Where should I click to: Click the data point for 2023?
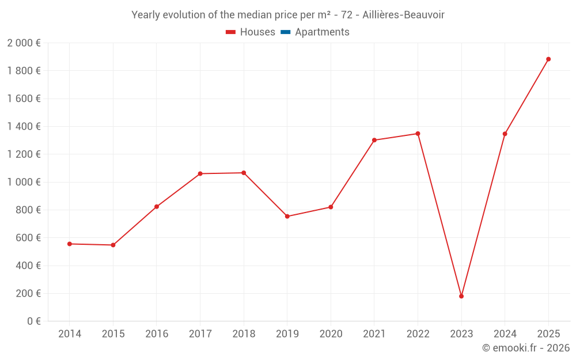(x=461, y=296)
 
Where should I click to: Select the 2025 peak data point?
(x=548, y=59)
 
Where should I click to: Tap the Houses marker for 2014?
(x=70, y=244)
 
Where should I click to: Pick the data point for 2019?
(x=287, y=217)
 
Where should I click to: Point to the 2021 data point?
(x=374, y=140)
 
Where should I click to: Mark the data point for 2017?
(x=200, y=173)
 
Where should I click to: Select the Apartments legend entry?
(x=322, y=32)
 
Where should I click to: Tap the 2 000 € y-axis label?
(x=24, y=43)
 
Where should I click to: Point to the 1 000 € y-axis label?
(x=24, y=182)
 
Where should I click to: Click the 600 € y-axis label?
(x=27, y=238)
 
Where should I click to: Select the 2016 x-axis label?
(x=157, y=334)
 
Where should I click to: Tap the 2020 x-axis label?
(x=331, y=334)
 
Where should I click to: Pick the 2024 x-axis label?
(x=505, y=334)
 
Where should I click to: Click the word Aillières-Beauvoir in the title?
(x=404, y=15)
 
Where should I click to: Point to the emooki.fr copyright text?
(x=526, y=348)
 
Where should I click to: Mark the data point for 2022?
(x=418, y=134)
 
